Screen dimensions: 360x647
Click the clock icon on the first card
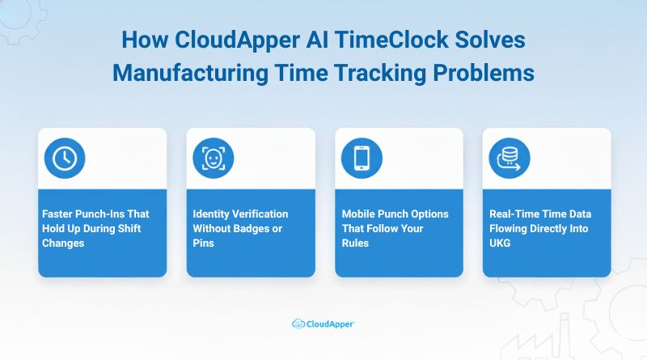[x=65, y=159]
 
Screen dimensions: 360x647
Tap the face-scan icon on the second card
[x=213, y=159]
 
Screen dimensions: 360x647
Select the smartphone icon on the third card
[x=362, y=159]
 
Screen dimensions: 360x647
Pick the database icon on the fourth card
[x=510, y=159]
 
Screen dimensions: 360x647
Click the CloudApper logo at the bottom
[x=323, y=324]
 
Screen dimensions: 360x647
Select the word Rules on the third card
[x=356, y=243]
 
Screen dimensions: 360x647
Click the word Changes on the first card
[x=63, y=243]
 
